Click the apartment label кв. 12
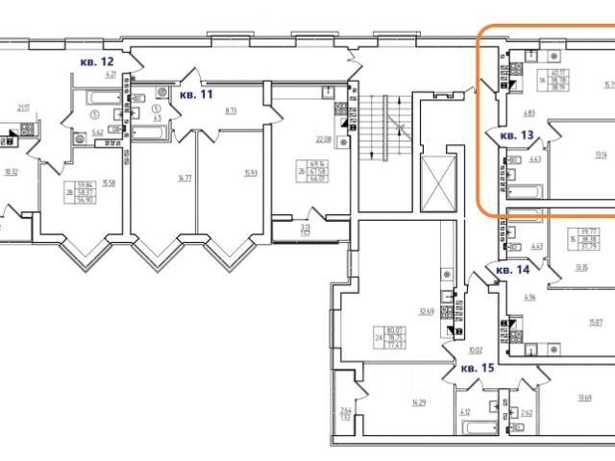pyautogui.click(x=99, y=62)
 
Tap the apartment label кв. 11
pyautogui.click(x=197, y=95)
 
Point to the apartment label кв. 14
pyautogui.click(x=513, y=271)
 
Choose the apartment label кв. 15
pyautogui.click(x=478, y=368)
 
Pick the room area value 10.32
pyautogui.click(x=12, y=173)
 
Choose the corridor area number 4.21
pyautogui.click(x=111, y=74)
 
